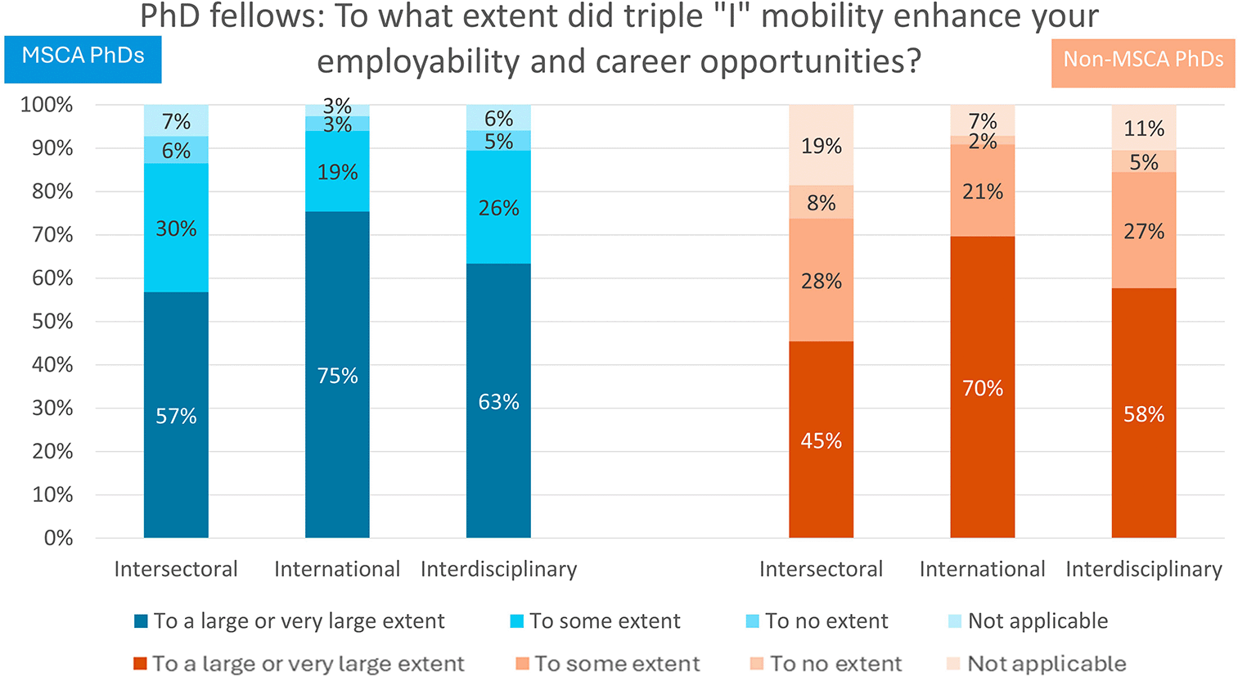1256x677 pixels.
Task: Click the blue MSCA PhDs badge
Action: [83, 60]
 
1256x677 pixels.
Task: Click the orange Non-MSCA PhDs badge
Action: [1143, 63]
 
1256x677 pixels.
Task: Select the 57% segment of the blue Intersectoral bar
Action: [176, 415]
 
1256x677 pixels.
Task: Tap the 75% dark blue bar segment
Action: [337, 375]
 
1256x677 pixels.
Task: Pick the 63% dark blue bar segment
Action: [498, 400]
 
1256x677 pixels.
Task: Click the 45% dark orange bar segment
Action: [821, 440]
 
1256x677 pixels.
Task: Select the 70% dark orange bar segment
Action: [983, 387]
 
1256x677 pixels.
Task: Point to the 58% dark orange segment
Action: [1144, 413]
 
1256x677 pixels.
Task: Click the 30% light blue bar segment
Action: [176, 228]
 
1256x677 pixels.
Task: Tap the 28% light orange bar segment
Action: [821, 280]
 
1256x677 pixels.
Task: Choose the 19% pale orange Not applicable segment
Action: [821, 145]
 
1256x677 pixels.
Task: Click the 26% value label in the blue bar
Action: [498, 208]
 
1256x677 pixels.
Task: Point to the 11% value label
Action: [1144, 129]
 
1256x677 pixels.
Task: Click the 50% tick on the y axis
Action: [52, 322]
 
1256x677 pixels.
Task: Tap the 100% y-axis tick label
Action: [47, 105]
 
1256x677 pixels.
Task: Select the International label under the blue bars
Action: [337, 569]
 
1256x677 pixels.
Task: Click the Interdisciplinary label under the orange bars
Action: [1144, 569]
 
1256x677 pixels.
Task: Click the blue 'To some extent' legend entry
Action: [596, 621]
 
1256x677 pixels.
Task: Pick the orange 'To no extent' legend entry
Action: [826, 664]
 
